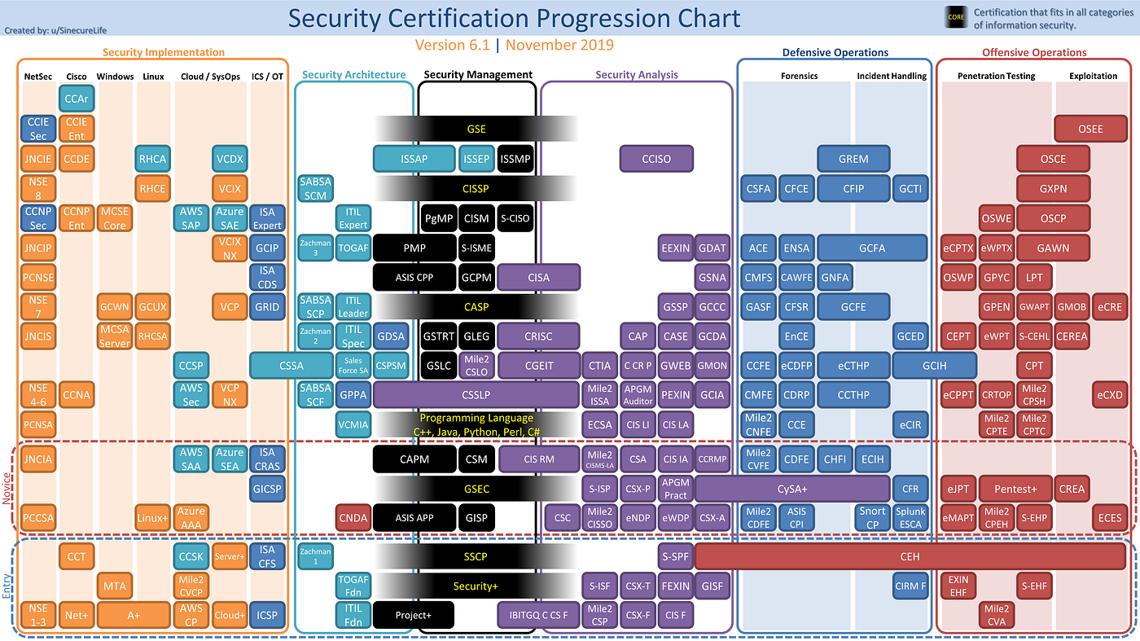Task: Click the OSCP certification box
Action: pyautogui.click(x=1053, y=218)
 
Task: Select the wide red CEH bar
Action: pyautogui.click(x=910, y=556)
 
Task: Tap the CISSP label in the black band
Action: pyautogui.click(x=476, y=189)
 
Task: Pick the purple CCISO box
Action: pyautogui.click(x=656, y=159)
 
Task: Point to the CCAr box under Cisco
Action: pyautogui.click(x=78, y=99)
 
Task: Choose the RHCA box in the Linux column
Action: pyautogui.click(x=152, y=159)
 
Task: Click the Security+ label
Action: pyautogui.click(x=476, y=586)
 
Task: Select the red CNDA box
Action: pyautogui.click(x=353, y=517)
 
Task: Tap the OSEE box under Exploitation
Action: pyautogui.click(x=1090, y=129)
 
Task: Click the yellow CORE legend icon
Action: pyautogui.click(x=955, y=17)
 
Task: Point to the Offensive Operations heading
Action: pyautogui.click(x=1034, y=52)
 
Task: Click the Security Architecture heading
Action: pyautogui.click(x=353, y=75)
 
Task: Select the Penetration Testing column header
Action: pyautogui.click(x=996, y=76)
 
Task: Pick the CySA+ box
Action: pyautogui.click(x=791, y=489)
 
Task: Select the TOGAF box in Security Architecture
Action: pyautogui.click(x=353, y=248)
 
